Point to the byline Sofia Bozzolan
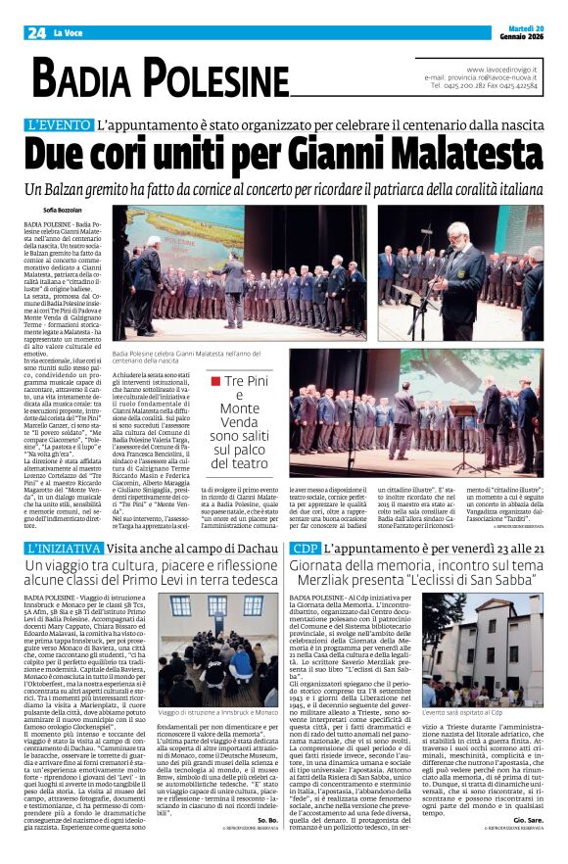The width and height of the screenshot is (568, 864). click(x=64, y=211)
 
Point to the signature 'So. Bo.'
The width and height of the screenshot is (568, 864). click(x=267, y=819)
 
